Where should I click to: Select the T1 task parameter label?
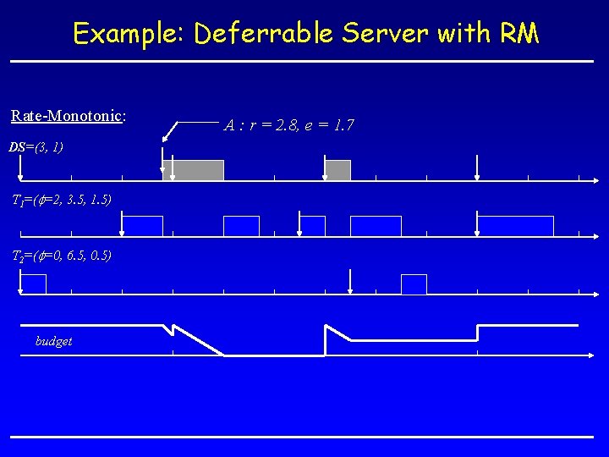point(60,200)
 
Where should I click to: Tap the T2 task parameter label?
point(60,256)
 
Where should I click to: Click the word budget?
point(53,341)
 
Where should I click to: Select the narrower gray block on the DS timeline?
point(337,170)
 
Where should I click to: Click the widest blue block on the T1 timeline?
point(515,226)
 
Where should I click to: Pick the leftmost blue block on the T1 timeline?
point(142,226)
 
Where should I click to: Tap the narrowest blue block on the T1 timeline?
point(312,226)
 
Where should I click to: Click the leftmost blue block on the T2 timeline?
point(33,284)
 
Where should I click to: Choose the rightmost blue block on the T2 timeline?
point(414,284)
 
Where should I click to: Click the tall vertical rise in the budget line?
point(325,340)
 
